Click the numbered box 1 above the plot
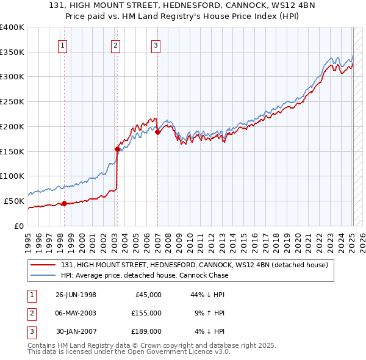click(63, 45)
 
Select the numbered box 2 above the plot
click(116, 45)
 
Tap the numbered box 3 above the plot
click(156, 45)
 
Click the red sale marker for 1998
click(64, 204)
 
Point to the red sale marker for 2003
click(117, 148)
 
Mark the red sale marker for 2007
click(157, 131)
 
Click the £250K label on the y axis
click(12, 101)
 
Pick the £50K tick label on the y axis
click(14, 201)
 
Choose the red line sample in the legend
click(44, 265)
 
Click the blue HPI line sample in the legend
click(44, 275)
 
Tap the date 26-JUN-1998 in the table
click(76, 295)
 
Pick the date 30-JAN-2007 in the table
click(76, 331)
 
